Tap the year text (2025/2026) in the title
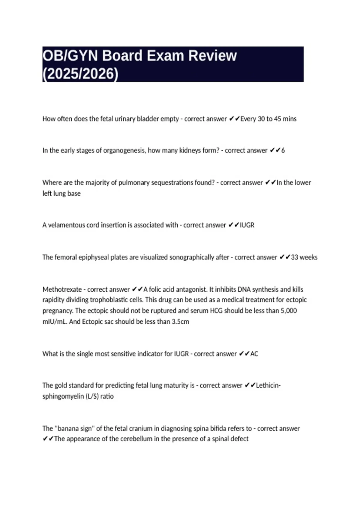[x=80, y=74]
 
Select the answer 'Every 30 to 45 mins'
[x=268, y=119]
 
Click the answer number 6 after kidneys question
[x=283, y=150]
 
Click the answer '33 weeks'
[x=304, y=257]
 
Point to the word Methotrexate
[x=62, y=289]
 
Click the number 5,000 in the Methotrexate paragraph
[x=289, y=311]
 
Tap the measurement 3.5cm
[x=180, y=322]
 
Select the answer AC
[x=254, y=354]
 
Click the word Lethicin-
[x=268, y=385]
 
